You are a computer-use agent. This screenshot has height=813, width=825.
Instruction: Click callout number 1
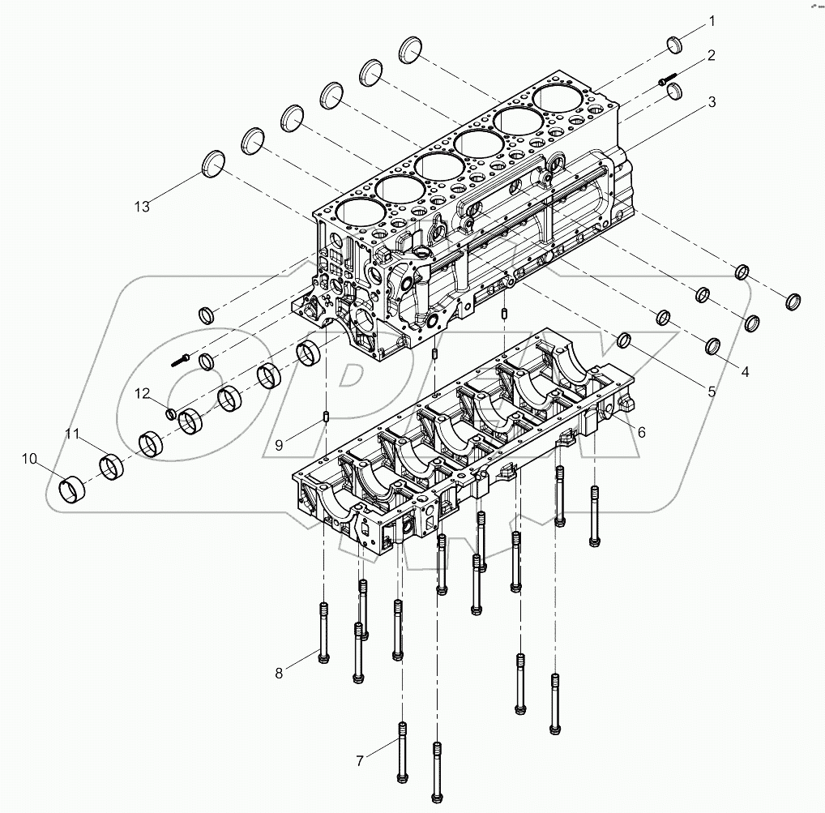click(x=712, y=19)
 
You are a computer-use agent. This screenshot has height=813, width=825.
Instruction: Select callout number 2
click(x=711, y=55)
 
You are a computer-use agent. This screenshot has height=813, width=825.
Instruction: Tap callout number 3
click(x=711, y=102)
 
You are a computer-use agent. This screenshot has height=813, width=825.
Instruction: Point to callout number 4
click(x=743, y=372)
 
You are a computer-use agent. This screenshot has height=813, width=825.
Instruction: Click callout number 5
click(x=711, y=392)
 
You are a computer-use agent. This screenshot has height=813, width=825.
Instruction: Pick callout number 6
click(x=640, y=433)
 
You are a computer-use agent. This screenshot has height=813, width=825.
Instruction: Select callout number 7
click(x=360, y=760)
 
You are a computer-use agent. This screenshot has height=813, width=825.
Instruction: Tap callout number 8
click(x=280, y=672)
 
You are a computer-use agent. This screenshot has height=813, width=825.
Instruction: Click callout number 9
click(x=278, y=444)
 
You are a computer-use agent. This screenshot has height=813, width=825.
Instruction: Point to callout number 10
click(x=29, y=460)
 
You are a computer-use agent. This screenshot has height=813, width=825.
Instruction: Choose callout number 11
click(x=72, y=435)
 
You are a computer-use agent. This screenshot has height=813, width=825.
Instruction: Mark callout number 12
click(x=142, y=394)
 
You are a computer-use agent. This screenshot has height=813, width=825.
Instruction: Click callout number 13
click(x=142, y=207)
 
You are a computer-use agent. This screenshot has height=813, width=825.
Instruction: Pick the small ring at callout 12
click(x=171, y=414)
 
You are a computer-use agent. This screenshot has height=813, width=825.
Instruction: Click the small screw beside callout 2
click(x=669, y=79)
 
